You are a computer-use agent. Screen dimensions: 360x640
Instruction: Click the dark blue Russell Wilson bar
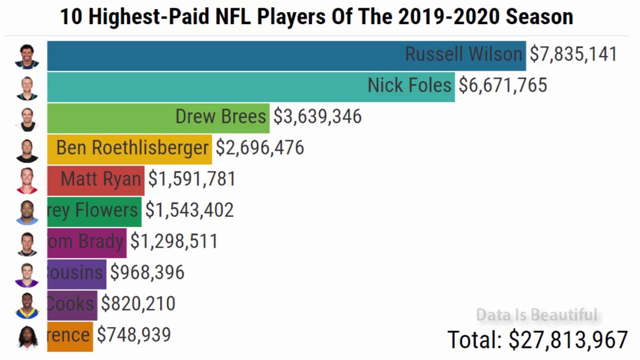click(x=287, y=56)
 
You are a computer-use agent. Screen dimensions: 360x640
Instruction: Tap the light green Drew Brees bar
click(x=158, y=118)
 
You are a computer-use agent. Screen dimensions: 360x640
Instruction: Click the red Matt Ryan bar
click(x=96, y=180)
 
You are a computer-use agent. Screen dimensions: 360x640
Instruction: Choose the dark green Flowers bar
click(x=94, y=212)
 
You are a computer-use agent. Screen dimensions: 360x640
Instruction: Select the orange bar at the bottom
click(x=70, y=336)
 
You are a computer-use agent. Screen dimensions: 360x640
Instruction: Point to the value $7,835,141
click(x=573, y=54)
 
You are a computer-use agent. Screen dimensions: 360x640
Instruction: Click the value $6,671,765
click(x=503, y=85)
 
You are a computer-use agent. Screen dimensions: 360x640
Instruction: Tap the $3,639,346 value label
click(x=317, y=117)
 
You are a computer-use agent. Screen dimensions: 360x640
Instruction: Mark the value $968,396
click(x=147, y=272)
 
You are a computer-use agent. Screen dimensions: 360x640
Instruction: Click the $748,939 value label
click(x=134, y=335)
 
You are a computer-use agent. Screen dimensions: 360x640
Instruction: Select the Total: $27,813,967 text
click(x=537, y=340)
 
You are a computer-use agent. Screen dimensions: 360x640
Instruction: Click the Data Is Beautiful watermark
click(x=537, y=315)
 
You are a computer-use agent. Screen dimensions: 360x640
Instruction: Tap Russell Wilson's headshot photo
click(x=27, y=56)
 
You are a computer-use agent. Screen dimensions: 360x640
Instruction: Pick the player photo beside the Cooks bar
click(x=27, y=306)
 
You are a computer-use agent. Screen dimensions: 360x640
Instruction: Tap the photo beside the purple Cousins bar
click(x=27, y=275)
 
